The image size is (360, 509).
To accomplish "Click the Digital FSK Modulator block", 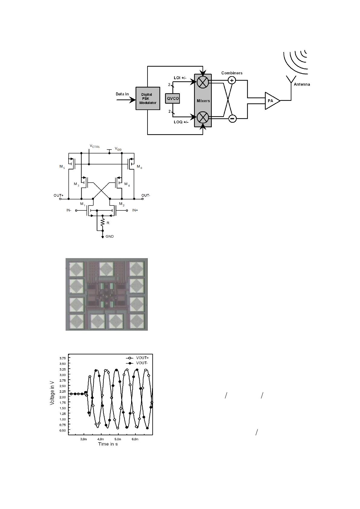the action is (x=148, y=99).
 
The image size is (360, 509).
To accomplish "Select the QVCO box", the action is (x=173, y=99).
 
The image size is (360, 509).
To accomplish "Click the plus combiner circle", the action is (x=232, y=80).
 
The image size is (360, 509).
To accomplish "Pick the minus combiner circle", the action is (x=232, y=118).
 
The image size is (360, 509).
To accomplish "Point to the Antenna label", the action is (x=302, y=84).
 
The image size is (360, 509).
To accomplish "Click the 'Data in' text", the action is (x=122, y=94).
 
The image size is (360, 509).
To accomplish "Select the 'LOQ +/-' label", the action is (x=181, y=122).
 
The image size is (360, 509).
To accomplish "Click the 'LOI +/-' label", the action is (x=180, y=78).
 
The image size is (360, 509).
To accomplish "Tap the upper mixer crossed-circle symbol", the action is (x=203, y=82).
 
